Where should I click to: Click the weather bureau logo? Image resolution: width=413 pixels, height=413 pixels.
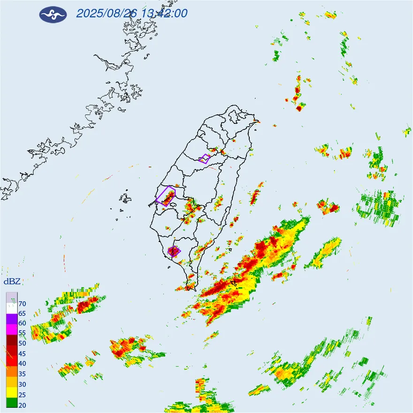pos(53,14)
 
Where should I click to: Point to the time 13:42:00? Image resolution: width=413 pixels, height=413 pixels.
pos(165,13)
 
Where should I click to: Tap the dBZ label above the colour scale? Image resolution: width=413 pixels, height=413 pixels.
pos(12,282)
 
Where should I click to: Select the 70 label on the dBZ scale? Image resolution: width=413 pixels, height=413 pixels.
pos(23,304)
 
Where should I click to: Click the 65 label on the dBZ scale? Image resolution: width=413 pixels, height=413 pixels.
pos(23,314)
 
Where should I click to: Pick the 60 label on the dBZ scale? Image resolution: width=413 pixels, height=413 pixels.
pos(23,323)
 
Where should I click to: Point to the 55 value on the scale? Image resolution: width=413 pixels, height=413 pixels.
pos(23,333)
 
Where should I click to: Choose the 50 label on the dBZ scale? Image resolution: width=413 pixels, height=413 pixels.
pos(23,344)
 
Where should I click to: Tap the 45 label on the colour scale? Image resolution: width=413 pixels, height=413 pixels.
pos(23,353)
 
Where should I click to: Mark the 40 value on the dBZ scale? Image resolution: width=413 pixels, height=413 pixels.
pos(23,364)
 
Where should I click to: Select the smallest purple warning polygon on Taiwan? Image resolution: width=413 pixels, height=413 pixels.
pos(204,159)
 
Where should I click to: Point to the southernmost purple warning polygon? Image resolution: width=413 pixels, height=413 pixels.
pos(174,251)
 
